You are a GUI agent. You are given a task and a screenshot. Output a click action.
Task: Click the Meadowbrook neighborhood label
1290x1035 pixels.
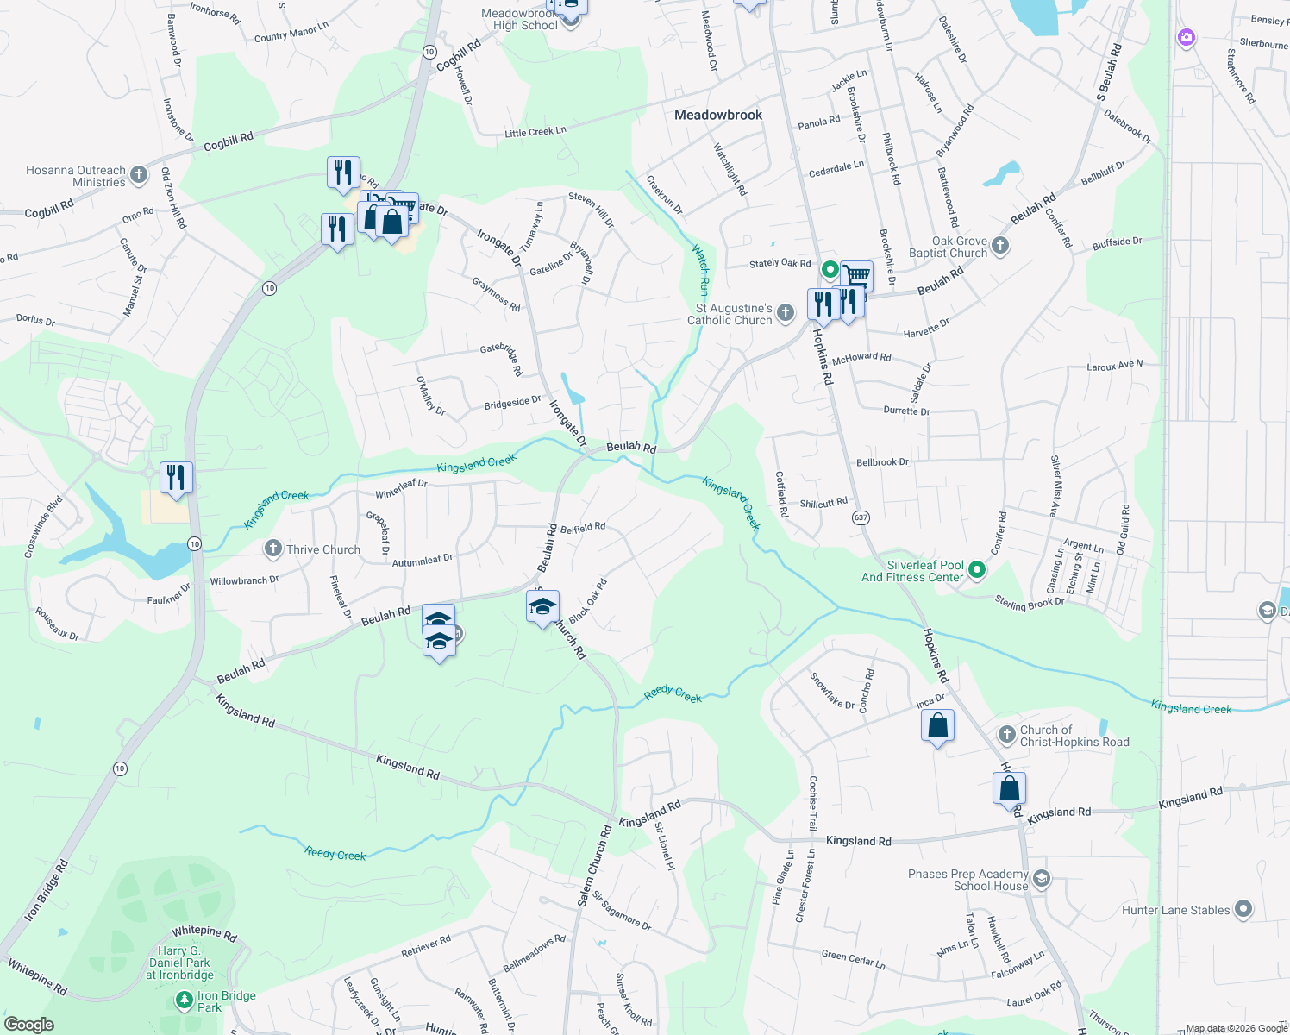pyautogui.click(x=718, y=115)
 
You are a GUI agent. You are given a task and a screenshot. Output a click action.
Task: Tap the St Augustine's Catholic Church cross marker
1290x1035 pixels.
pyautogui.click(x=785, y=312)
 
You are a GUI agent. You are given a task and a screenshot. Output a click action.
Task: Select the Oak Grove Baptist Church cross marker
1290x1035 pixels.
pyautogui.click(x=999, y=246)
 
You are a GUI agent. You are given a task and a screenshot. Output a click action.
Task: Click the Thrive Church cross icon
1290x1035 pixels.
pyautogui.click(x=273, y=549)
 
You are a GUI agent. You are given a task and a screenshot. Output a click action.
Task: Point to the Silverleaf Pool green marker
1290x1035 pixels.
pyautogui.click(x=976, y=569)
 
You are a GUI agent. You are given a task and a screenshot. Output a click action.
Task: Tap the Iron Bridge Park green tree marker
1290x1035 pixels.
pyautogui.click(x=184, y=1000)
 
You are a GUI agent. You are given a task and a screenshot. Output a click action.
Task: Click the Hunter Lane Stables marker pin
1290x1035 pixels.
pyautogui.click(x=1243, y=909)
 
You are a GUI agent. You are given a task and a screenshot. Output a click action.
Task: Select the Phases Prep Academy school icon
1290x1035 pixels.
pyautogui.click(x=1042, y=879)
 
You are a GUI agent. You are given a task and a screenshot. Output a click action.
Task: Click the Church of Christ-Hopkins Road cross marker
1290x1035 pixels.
pyautogui.click(x=1006, y=735)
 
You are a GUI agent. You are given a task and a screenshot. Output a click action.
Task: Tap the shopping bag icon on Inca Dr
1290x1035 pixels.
pyautogui.click(x=937, y=726)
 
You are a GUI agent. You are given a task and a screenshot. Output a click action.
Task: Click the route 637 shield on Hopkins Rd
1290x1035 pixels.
pyautogui.click(x=860, y=517)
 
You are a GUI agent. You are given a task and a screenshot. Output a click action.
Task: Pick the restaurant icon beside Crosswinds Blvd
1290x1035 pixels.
pyautogui.click(x=176, y=478)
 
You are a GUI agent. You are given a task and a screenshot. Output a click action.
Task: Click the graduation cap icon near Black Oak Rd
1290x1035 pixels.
pyautogui.click(x=542, y=607)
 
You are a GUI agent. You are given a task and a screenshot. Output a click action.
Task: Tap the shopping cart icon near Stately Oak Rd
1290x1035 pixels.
pyautogui.click(x=856, y=276)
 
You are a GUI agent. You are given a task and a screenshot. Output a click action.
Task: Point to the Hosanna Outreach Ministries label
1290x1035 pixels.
pyautogui.click(x=76, y=176)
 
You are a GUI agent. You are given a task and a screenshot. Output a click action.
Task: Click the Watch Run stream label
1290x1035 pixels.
pyautogui.click(x=702, y=270)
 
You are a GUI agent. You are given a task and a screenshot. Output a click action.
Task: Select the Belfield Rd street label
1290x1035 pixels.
pyautogui.click(x=583, y=527)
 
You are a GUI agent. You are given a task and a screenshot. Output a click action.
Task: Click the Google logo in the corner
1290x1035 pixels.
pyautogui.click(x=28, y=1025)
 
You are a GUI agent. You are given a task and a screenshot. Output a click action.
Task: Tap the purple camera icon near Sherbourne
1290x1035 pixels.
pyautogui.click(x=1187, y=37)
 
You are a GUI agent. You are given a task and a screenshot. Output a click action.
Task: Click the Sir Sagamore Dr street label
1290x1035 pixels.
pyautogui.click(x=622, y=911)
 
